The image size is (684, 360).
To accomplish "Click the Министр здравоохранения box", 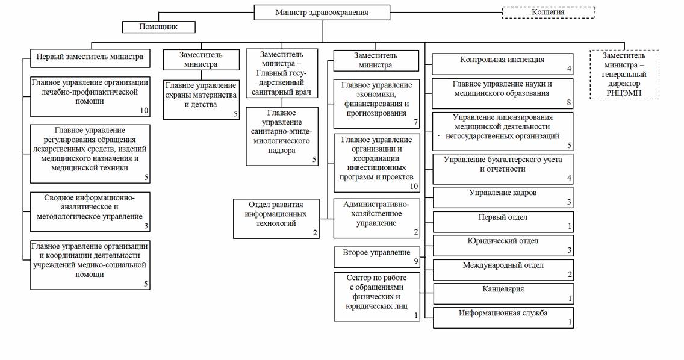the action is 322,13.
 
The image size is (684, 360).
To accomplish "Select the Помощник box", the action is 159,27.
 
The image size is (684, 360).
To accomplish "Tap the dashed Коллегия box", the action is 549,12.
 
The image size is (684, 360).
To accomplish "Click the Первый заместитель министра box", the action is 90,58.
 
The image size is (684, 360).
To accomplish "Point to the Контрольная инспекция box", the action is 503,64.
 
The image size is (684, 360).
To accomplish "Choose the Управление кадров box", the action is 503,197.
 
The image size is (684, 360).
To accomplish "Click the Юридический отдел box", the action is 503,246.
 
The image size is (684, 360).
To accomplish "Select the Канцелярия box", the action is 503,293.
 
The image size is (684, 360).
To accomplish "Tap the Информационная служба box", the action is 503,318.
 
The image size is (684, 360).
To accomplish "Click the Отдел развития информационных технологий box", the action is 276,219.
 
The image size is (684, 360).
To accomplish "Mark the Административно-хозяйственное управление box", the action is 376,219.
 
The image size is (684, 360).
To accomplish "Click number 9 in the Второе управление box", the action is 415,262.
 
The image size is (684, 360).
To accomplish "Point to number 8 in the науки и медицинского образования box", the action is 569,103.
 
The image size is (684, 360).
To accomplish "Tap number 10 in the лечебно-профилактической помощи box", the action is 144,111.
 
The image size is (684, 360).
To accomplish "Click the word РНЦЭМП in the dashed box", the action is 624,93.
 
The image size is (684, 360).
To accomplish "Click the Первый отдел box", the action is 503,222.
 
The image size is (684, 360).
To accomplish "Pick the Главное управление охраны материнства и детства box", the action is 201,99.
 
